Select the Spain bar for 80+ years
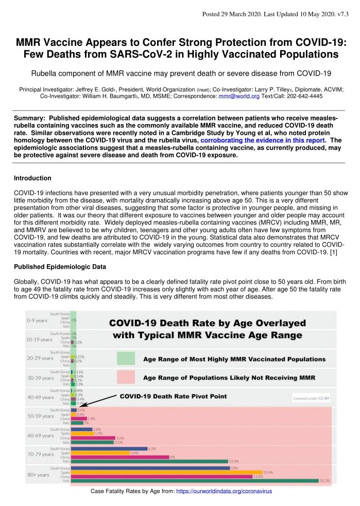pyautogui.click(x=167, y=472)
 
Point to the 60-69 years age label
pyautogui.click(x=40, y=435)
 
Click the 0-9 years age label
pyautogui.click(x=39, y=320)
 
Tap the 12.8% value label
pyautogui.click(x=234, y=461)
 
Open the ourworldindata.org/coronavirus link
pyautogui.click(x=224, y=492)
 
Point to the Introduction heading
pyautogui.click(x=32, y=178)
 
